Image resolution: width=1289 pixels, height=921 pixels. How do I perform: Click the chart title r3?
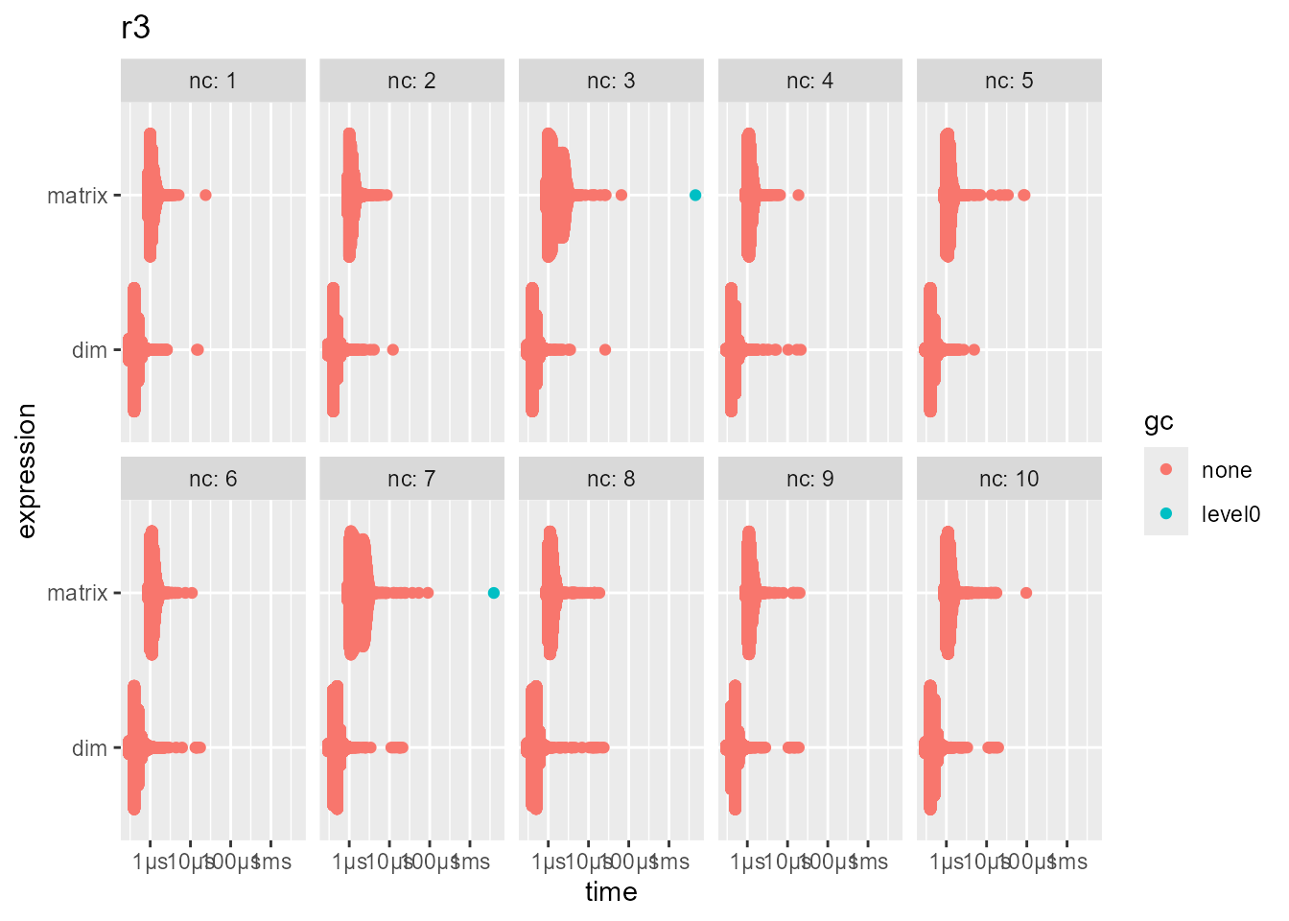pyautogui.click(x=135, y=28)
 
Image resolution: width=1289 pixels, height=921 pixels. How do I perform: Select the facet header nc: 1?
pyautogui.click(x=213, y=81)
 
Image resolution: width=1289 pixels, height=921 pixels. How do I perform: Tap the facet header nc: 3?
pyautogui.click(x=611, y=81)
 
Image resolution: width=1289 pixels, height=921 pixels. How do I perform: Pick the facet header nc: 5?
pyautogui.click(x=1009, y=81)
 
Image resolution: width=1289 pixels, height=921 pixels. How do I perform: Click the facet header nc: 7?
pyautogui.click(x=411, y=479)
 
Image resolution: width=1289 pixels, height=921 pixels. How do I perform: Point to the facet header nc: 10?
pyautogui.click(x=1009, y=479)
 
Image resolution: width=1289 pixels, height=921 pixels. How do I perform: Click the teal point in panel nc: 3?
pyautogui.click(x=695, y=195)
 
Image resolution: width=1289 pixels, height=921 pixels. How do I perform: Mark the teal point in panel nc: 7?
pyautogui.click(x=494, y=593)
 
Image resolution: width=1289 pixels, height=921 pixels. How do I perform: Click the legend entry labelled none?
pyautogui.click(x=1226, y=470)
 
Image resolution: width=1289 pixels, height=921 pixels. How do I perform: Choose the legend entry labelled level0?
pyautogui.click(x=1230, y=514)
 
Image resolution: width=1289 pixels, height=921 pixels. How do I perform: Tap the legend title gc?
pyautogui.click(x=1159, y=422)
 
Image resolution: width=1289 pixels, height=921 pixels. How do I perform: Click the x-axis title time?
pyautogui.click(x=611, y=892)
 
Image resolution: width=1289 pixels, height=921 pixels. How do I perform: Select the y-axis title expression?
pyautogui.click(x=27, y=470)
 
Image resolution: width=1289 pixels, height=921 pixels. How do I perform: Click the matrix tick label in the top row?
pyautogui.click(x=78, y=196)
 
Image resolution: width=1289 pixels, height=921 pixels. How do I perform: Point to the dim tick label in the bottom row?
pyautogui.click(x=89, y=748)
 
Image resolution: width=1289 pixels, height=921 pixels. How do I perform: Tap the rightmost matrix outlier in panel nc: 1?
pyautogui.click(x=205, y=195)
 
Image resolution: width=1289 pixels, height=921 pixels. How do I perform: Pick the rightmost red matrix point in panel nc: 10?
pyautogui.click(x=1026, y=593)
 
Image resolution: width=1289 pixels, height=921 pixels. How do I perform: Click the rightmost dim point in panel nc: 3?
pyautogui.click(x=605, y=349)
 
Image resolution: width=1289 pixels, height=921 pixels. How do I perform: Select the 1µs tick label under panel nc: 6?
pyautogui.click(x=151, y=862)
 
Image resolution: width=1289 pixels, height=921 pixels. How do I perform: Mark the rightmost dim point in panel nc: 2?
pyautogui.click(x=392, y=349)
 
